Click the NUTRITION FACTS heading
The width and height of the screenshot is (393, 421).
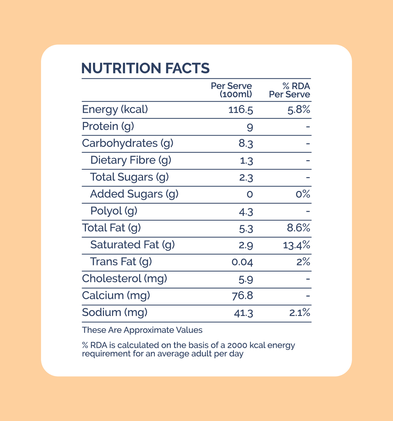(x=146, y=68)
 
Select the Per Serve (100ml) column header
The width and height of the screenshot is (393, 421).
(x=231, y=90)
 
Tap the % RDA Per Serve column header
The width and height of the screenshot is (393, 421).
(x=290, y=90)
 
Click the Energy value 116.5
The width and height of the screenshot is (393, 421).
(x=241, y=110)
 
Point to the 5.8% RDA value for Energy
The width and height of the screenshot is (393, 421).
(x=299, y=110)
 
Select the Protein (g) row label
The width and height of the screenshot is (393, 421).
(x=108, y=126)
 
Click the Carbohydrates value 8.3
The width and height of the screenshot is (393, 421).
(x=246, y=144)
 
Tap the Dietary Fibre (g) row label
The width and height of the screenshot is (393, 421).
(x=131, y=160)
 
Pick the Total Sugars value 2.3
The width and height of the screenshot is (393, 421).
(x=246, y=178)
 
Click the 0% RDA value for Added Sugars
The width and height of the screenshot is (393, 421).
(x=303, y=194)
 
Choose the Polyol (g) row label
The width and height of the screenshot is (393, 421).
(x=114, y=211)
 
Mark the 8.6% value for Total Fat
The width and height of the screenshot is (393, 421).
(x=298, y=228)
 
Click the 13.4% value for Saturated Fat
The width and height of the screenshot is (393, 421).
(x=296, y=245)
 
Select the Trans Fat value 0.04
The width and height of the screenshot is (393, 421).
(x=242, y=262)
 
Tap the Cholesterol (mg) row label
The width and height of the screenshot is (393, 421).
(x=124, y=278)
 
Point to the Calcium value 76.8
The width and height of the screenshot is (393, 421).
(x=242, y=296)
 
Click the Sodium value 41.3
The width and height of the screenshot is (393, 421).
(x=243, y=313)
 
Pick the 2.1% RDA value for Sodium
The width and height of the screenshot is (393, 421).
(x=299, y=313)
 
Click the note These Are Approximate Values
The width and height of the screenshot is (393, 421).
(x=142, y=330)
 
